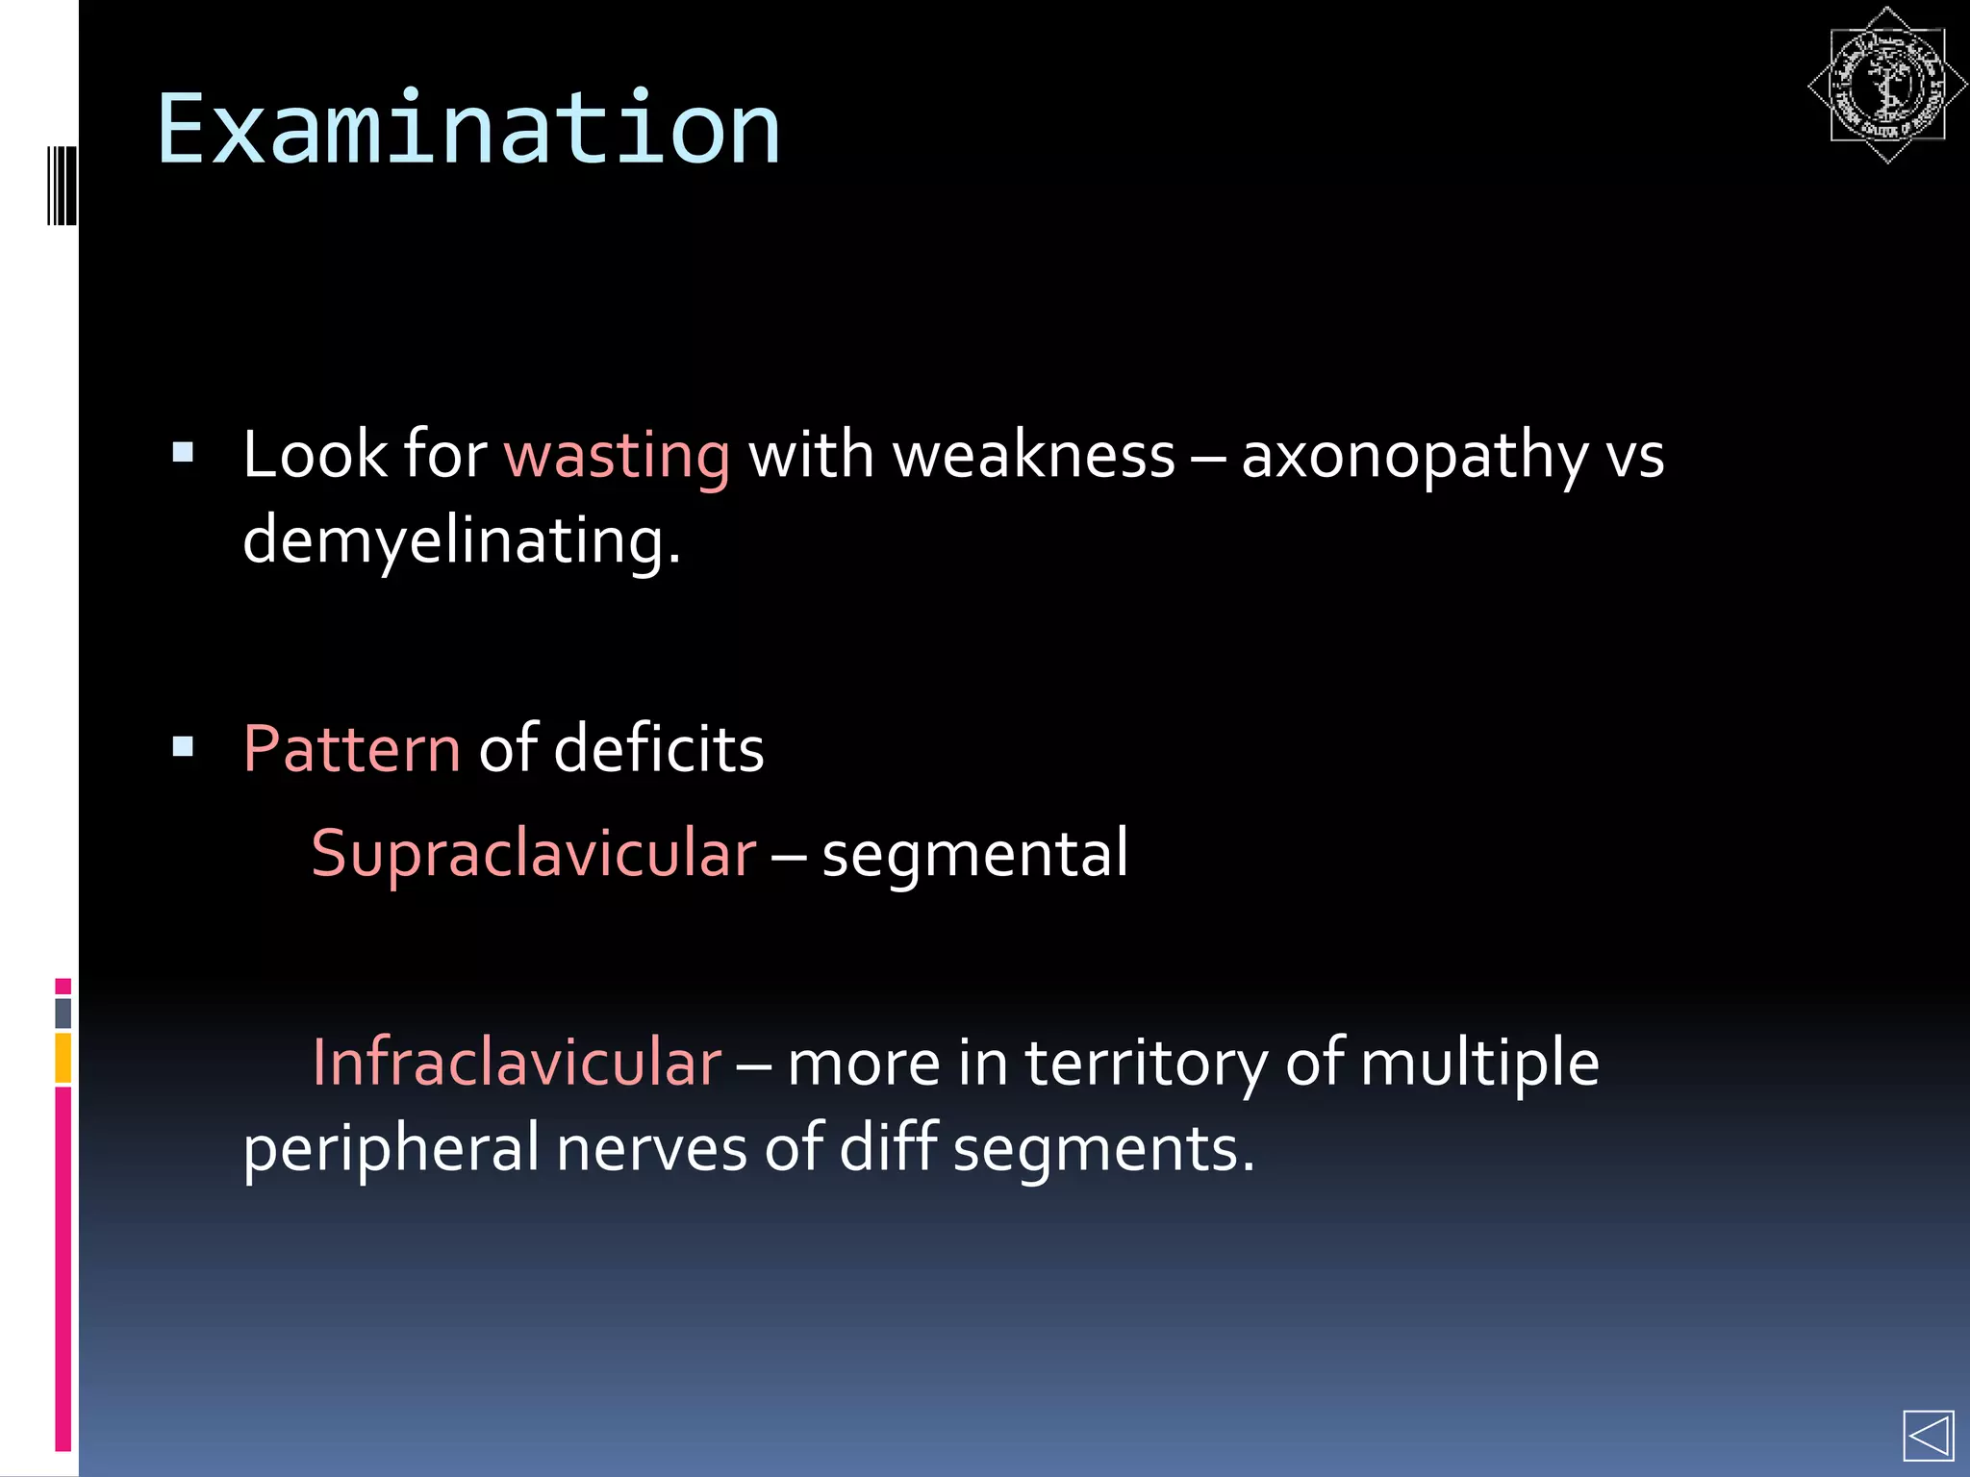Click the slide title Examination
pos(468,129)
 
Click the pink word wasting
pos(617,455)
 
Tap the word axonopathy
pos(1414,457)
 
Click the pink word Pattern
pos(352,749)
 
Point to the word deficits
pos(659,749)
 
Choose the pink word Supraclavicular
pos(534,854)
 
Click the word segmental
pos(974,854)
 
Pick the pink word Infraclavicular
pos(517,1064)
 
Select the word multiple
pos(1479,1064)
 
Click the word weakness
pos(1034,455)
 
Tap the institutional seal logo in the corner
pos(1887,86)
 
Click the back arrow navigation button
pos(1928,1437)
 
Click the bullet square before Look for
pos(183,452)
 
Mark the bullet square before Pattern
pos(183,746)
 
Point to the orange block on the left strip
pos(63,1058)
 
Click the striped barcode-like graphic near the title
pos(62,185)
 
